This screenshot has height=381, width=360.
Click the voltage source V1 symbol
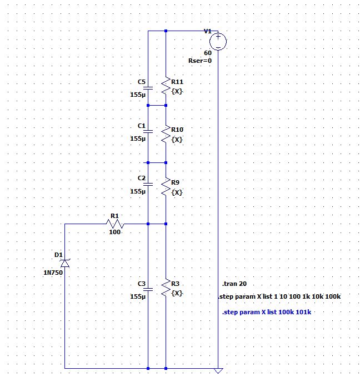click(x=218, y=41)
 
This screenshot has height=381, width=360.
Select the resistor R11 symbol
click(x=166, y=86)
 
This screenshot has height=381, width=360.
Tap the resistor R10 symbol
click(x=166, y=134)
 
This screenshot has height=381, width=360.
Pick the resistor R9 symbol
click(x=166, y=187)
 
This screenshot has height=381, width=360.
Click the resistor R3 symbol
click(x=166, y=288)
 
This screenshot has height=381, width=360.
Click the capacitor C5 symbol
click(x=148, y=87)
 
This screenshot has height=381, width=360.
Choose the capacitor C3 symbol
click(x=148, y=289)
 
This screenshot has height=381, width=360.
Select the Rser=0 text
click(x=201, y=61)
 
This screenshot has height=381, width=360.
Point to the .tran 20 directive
click(x=234, y=284)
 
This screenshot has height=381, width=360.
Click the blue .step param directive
click(x=266, y=312)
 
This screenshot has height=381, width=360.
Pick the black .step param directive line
click(x=279, y=297)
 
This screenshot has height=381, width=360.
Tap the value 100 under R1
click(x=114, y=232)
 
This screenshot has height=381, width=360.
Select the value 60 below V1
click(x=207, y=52)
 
